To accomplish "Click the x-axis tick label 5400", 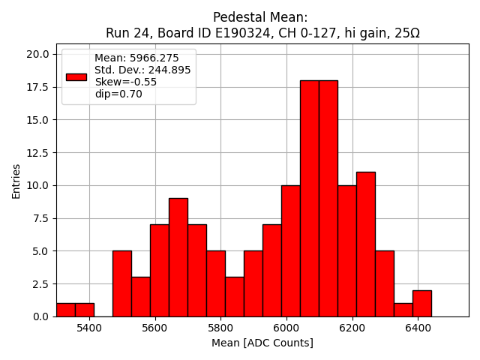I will point(89,328).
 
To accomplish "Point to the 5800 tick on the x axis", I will point(220,328).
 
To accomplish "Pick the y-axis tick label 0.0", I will point(42,316).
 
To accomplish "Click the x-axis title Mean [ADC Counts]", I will point(262,343).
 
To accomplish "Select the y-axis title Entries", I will point(16,180).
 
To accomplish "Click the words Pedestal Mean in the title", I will point(260,17).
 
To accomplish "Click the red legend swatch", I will point(76,76).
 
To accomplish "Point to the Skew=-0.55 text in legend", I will point(125,82).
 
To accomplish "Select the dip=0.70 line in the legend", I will point(118,94).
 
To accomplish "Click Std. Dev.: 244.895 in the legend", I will point(142,70).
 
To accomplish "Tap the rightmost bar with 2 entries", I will point(421,303).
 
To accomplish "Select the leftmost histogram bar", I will point(65,310).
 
